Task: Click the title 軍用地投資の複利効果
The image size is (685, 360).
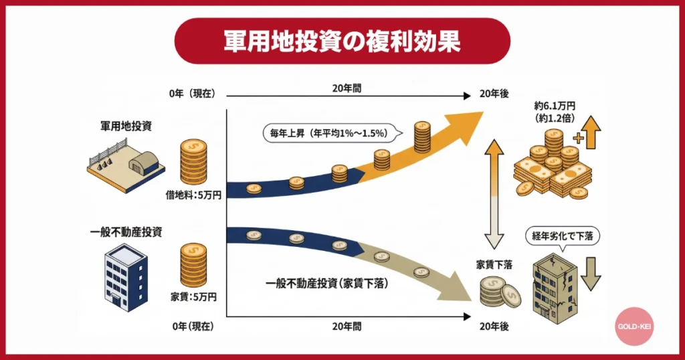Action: (342, 41)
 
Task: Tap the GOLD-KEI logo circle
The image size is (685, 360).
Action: (633, 327)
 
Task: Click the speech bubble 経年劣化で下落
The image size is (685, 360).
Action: (561, 237)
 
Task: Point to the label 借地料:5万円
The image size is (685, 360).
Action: (193, 195)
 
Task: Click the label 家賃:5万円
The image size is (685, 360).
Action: (193, 295)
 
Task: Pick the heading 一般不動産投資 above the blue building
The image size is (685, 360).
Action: (126, 232)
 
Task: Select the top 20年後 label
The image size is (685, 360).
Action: (494, 94)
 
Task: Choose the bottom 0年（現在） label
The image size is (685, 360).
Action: (193, 327)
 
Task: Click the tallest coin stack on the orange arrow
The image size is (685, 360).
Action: (422, 137)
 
